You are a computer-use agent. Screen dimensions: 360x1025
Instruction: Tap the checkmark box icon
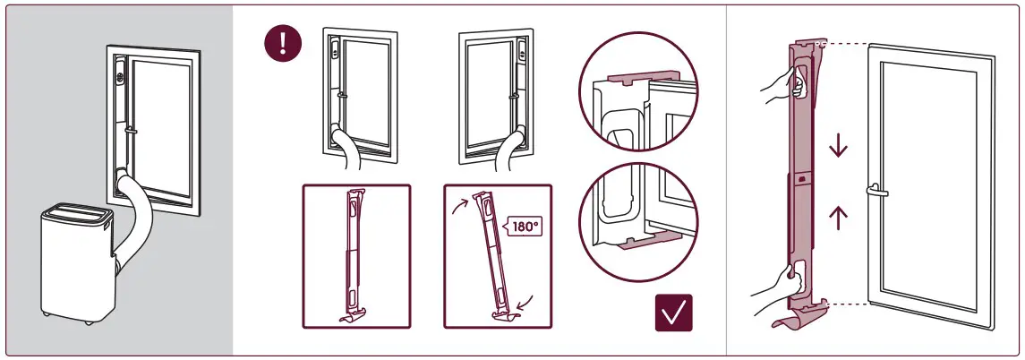675,313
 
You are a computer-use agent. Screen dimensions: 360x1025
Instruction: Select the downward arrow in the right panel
838,146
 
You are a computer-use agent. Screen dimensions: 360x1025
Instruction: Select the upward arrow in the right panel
838,217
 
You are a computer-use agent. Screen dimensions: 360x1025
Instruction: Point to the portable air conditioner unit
75,264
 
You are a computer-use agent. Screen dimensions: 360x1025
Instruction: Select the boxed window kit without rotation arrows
355,254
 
